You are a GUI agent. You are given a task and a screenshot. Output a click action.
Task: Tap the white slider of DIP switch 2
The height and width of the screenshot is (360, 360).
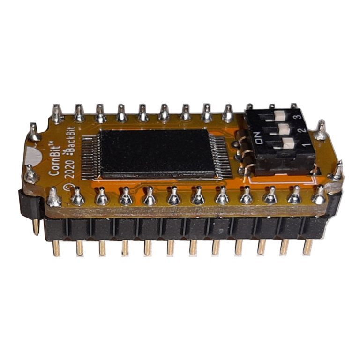pos(283,127)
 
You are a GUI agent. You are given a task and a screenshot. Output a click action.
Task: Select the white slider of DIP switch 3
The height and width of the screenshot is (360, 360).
pos(280,114)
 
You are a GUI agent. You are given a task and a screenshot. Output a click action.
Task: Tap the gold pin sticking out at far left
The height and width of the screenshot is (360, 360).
pos(36,225)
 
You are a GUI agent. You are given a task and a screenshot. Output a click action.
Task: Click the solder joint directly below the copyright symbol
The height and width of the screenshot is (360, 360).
pos(77,197)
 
